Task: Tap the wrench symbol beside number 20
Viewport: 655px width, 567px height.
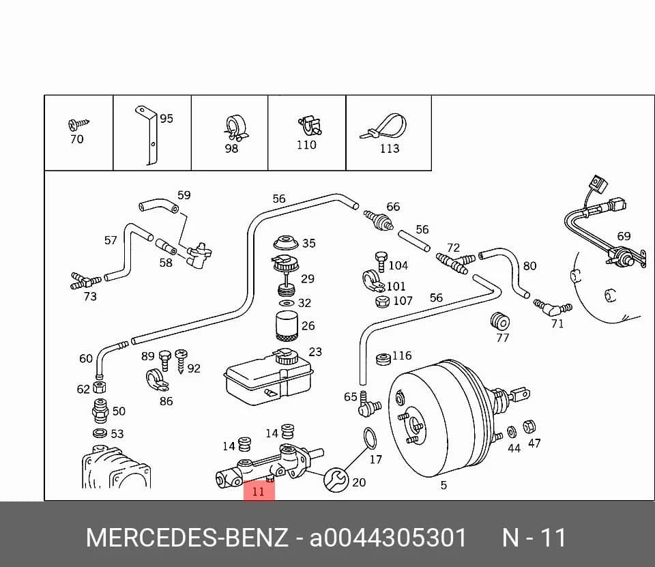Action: (x=336, y=480)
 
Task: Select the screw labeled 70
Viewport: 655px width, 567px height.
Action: (x=78, y=123)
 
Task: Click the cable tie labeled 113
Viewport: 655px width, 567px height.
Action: (x=384, y=127)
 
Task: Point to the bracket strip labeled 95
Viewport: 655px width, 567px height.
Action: (x=149, y=134)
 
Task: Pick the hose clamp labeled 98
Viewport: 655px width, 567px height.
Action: (x=234, y=128)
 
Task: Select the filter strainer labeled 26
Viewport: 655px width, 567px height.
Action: (x=287, y=325)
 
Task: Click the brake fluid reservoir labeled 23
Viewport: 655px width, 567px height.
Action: (x=270, y=377)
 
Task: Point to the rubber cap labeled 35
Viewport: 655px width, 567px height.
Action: (x=286, y=242)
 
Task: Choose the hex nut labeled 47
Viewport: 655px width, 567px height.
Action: (x=529, y=427)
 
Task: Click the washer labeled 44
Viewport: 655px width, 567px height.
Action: (x=511, y=433)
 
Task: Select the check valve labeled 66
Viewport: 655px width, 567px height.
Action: (x=378, y=220)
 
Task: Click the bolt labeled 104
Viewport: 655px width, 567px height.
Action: (x=381, y=262)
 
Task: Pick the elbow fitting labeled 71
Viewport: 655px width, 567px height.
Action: (x=551, y=308)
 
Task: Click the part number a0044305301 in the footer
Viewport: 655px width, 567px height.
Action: (x=388, y=538)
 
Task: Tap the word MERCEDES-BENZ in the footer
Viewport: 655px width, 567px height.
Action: (x=187, y=538)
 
